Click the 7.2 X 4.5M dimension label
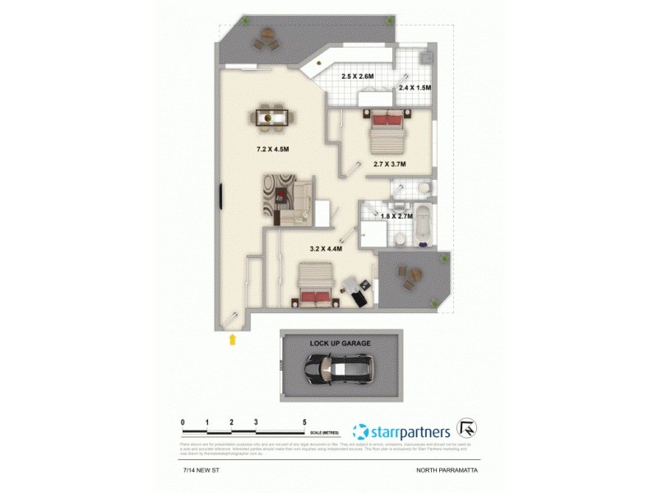(272, 150)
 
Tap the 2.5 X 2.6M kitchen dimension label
(358, 76)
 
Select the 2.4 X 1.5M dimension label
(415, 87)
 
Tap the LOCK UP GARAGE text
(340, 343)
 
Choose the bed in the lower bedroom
(315, 284)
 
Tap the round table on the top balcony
(266, 37)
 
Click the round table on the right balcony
(408, 274)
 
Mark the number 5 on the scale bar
(304, 422)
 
